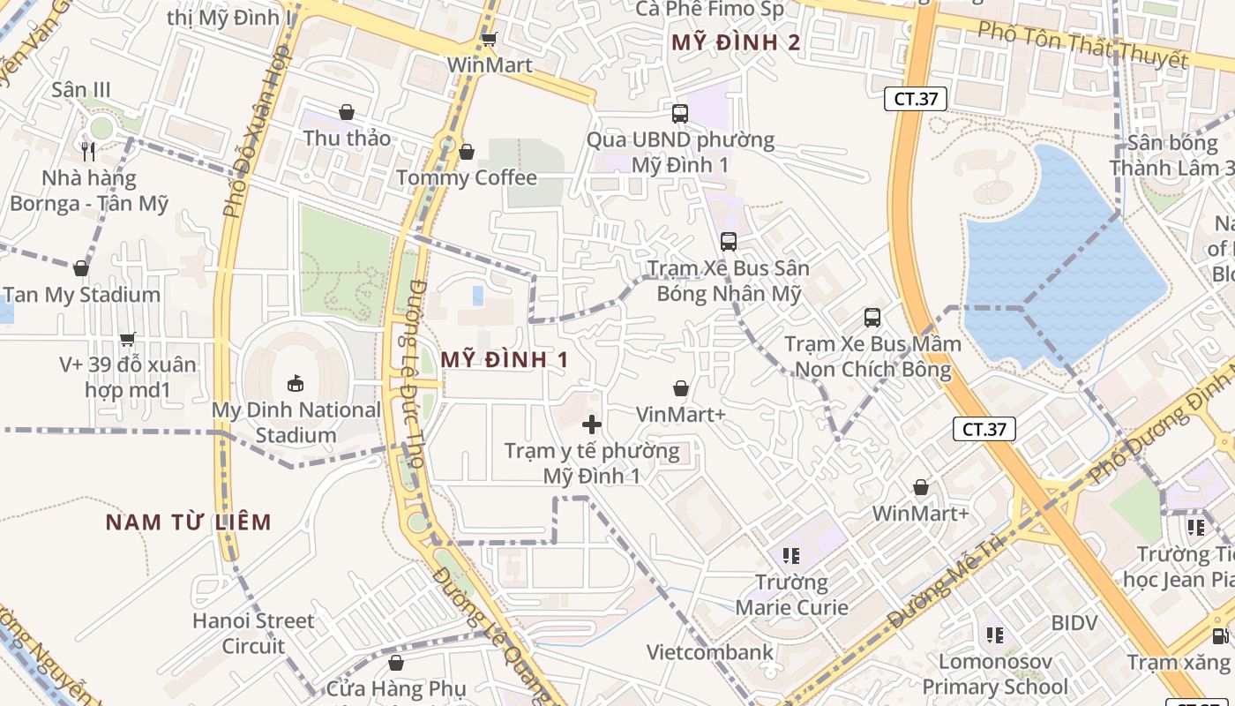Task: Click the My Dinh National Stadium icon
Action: coord(296,383)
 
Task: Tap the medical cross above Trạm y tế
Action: coord(592,424)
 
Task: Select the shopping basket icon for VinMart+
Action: coord(681,388)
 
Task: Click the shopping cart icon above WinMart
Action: coord(489,39)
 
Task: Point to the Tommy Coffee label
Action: coord(467,177)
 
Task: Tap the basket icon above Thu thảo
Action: coord(347,112)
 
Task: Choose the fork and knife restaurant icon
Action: coord(87,151)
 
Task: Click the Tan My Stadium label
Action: coord(82,295)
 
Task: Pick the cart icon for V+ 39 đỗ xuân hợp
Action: coord(128,339)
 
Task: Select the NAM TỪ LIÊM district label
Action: coord(189,522)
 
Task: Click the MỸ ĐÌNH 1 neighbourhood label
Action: coord(505,359)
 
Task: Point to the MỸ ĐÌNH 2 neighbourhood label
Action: coord(736,42)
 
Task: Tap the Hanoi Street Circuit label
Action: coord(253,633)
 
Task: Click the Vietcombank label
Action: coord(710,652)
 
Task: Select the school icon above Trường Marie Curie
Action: coord(790,555)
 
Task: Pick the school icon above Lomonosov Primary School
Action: coord(995,635)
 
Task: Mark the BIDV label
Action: coord(1074,623)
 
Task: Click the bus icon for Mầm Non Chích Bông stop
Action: coord(872,318)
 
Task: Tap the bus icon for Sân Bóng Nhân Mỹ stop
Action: coord(729,242)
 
